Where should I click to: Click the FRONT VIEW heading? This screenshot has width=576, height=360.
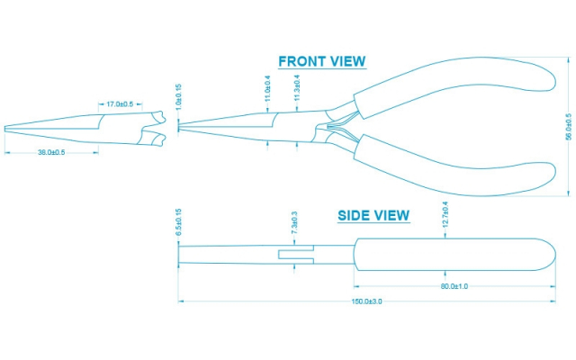point(321,62)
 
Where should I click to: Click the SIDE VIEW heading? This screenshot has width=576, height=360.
point(373,216)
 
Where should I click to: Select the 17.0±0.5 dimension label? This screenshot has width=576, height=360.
point(120,104)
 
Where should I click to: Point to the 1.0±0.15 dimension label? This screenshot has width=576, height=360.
point(179,97)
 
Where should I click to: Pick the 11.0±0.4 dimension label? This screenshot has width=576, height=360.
point(267,88)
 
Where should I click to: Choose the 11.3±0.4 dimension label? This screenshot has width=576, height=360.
point(297,88)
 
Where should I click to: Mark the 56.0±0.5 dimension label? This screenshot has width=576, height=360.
point(568,126)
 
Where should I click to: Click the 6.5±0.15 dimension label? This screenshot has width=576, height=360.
point(179,222)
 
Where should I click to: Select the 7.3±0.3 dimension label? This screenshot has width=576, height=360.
point(294,223)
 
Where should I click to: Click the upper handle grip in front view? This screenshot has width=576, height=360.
point(450,90)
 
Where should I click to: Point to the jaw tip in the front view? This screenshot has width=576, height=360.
point(182,127)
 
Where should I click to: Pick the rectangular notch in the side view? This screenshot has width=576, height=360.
point(297,255)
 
